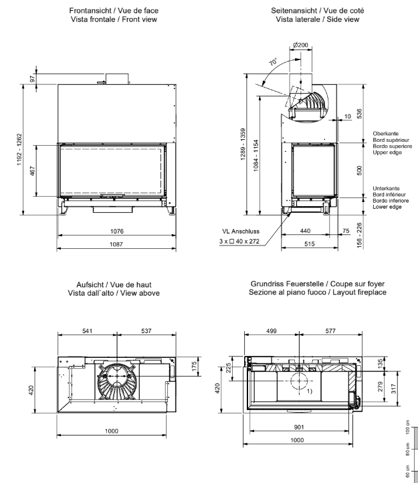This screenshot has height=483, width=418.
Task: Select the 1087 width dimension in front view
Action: pyautogui.click(x=118, y=246)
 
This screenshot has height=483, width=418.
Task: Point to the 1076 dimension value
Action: pyautogui.click(x=118, y=232)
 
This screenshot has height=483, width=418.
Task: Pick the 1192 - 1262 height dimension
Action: pyautogui.click(x=21, y=145)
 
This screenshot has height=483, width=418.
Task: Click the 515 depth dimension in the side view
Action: pyautogui.click(x=305, y=246)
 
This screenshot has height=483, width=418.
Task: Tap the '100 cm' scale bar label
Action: pyautogui.click(x=407, y=427)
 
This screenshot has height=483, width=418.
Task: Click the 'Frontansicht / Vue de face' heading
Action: pyautogui.click(x=118, y=11)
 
